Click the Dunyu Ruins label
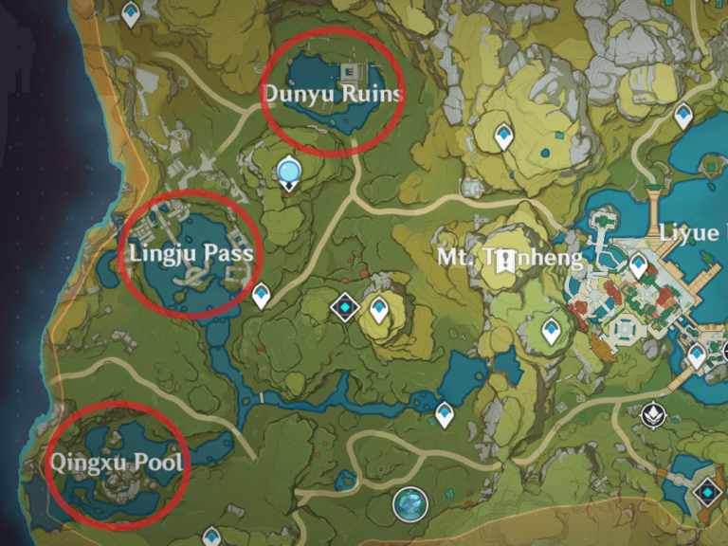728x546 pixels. [332, 94]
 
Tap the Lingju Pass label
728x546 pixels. [191, 254]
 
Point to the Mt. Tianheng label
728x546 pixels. [508, 257]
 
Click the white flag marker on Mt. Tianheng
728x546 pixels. [508, 259]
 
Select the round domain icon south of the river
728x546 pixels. [410, 503]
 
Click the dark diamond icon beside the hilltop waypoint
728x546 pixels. [345, 306]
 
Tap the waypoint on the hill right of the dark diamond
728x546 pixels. [379, 309]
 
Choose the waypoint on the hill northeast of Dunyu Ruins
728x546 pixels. [503, 136]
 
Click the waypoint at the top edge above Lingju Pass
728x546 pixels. [131, 13]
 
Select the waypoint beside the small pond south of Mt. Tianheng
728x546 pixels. [445, 413]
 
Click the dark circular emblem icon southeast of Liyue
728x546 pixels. [651, 413]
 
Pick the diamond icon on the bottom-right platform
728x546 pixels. [706, 492]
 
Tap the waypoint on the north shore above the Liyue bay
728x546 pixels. [682, 116]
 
